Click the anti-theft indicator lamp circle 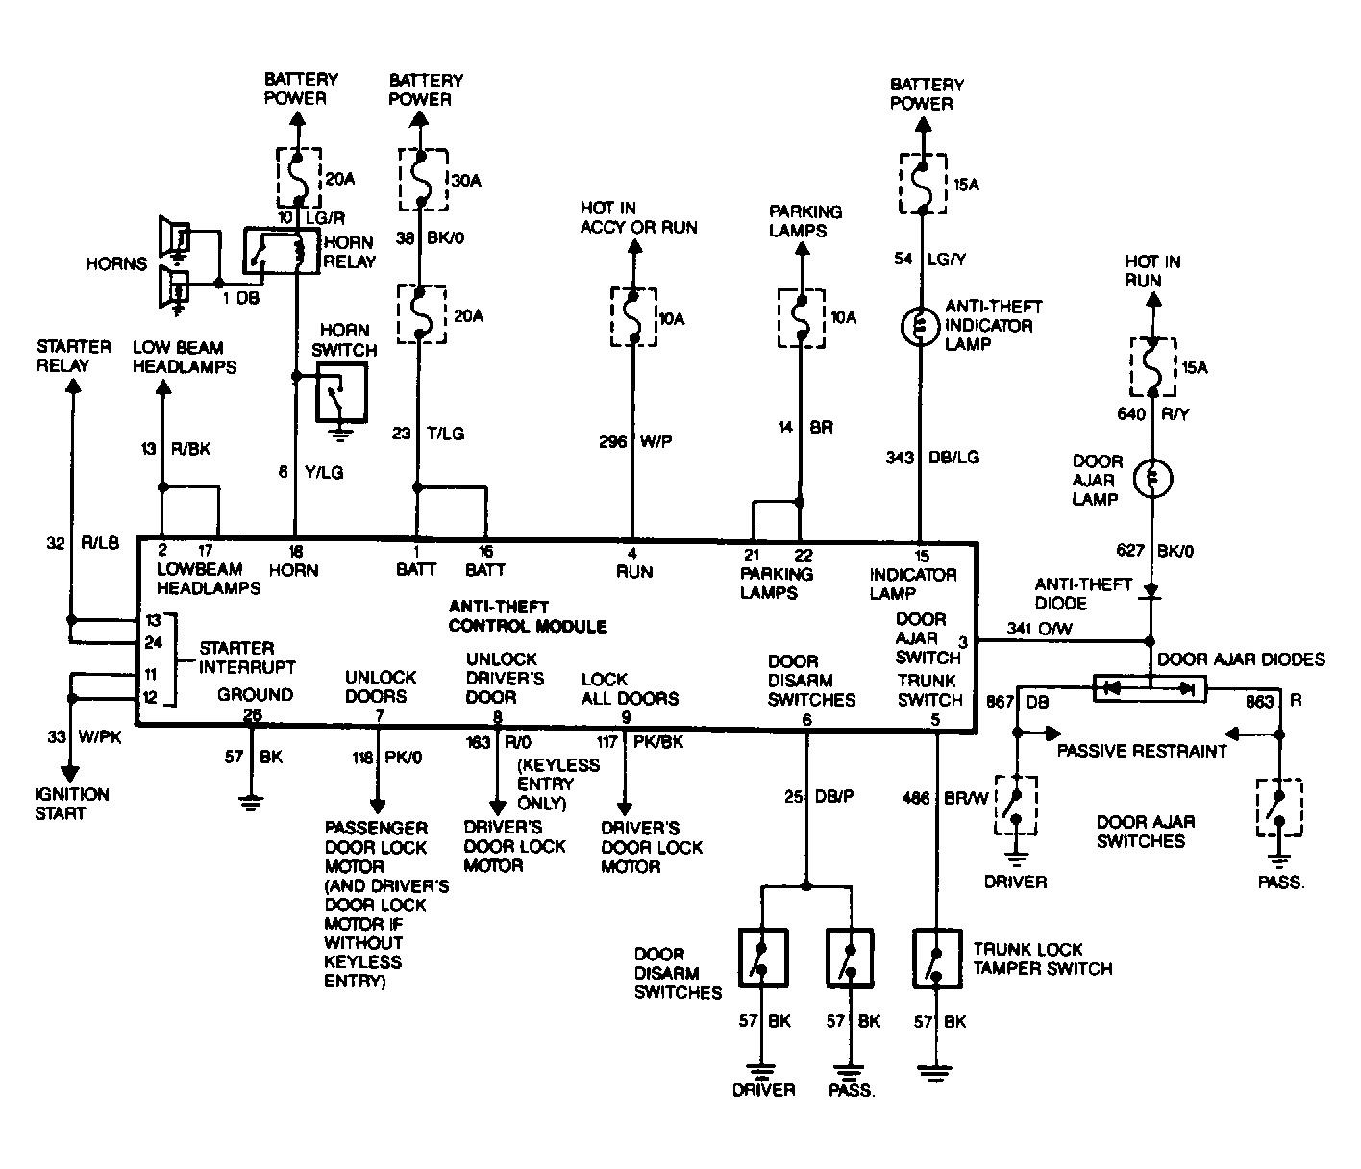tap(921, 326)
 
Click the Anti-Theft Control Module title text tap(528, 616)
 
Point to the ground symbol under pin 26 tap(251, 802)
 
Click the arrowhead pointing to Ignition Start tap(70, 773)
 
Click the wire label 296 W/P tap(635, 441)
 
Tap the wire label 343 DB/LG tap(932, 457)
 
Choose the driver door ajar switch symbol tap(1016, 805)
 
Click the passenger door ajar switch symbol tap(1279, 808)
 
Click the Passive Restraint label tap(1142, 751)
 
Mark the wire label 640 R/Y tap(1153, 414)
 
